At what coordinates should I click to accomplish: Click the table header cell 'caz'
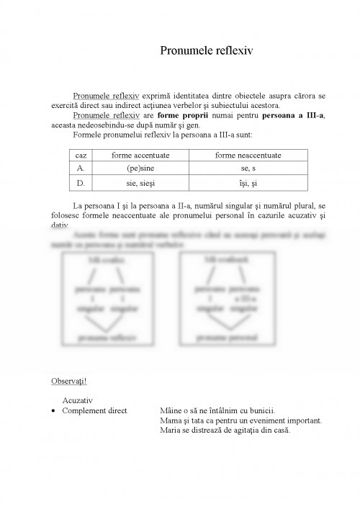pos(81,156)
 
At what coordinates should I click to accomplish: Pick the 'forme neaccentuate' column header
pos(248,156)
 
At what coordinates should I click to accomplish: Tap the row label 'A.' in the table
pos(81,169)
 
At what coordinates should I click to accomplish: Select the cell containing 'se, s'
pos(248,169)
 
